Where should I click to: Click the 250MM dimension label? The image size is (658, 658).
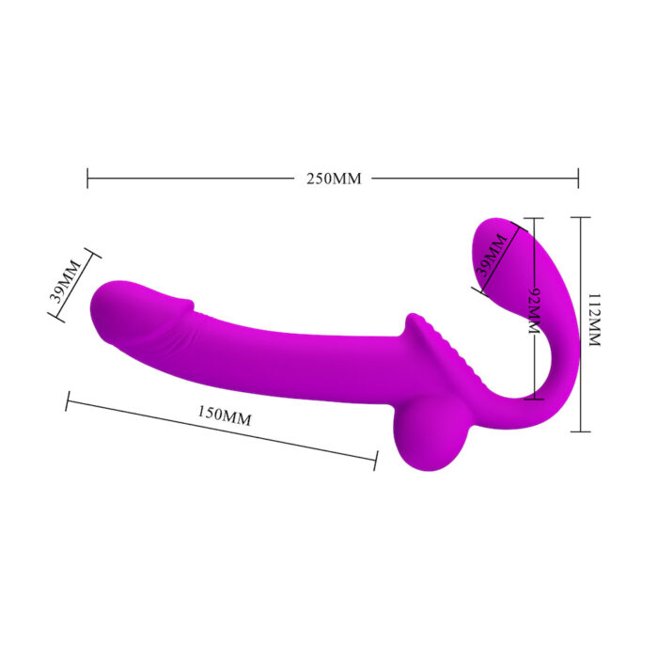point(334,179)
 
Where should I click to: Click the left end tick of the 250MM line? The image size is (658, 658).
point(87,178)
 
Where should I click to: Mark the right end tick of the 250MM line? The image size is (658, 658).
point(578,178)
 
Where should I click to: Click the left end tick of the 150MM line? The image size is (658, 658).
point(67,401)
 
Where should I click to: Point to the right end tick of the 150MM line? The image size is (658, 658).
point(376,460)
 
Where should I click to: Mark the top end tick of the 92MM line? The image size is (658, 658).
point(533,219)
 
